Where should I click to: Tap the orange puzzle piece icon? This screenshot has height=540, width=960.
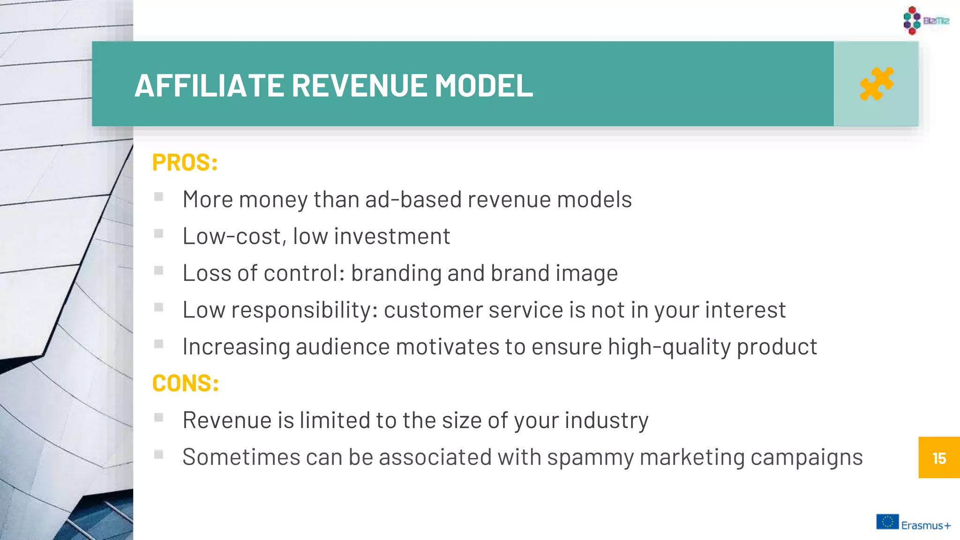[876, 84]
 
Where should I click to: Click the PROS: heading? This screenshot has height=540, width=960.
[185, 163]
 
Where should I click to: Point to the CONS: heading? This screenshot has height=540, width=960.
[186, 383]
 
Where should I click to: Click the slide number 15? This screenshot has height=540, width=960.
[939, 458]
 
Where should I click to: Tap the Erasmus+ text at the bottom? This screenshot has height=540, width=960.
[926, 525]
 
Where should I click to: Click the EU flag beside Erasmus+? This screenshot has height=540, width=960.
[887, 522]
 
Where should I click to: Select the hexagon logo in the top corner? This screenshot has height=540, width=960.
[912, 20]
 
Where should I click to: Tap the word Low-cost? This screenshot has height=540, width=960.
[232, 236]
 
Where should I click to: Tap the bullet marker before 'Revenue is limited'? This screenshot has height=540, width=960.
[159, 417]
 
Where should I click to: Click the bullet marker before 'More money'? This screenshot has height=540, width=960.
[159, 196]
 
